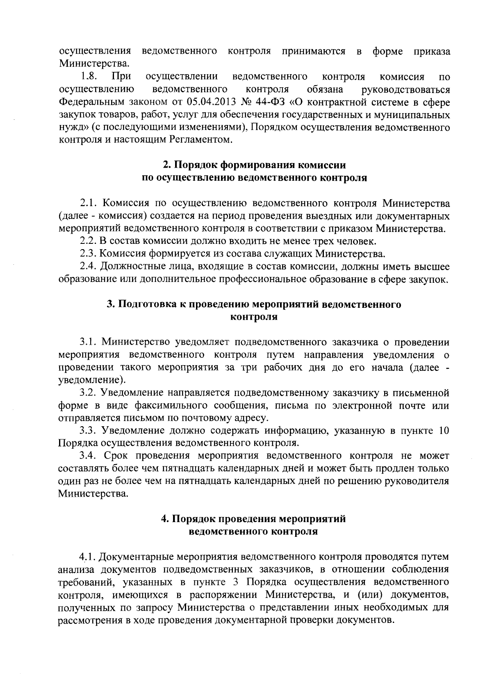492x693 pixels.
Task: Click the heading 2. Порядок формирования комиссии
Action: pos(254,165)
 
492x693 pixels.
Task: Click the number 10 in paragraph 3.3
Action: pos(444,431)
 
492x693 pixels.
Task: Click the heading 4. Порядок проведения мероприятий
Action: pos(253,519)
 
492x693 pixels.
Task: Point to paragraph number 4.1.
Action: pos(88,557)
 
